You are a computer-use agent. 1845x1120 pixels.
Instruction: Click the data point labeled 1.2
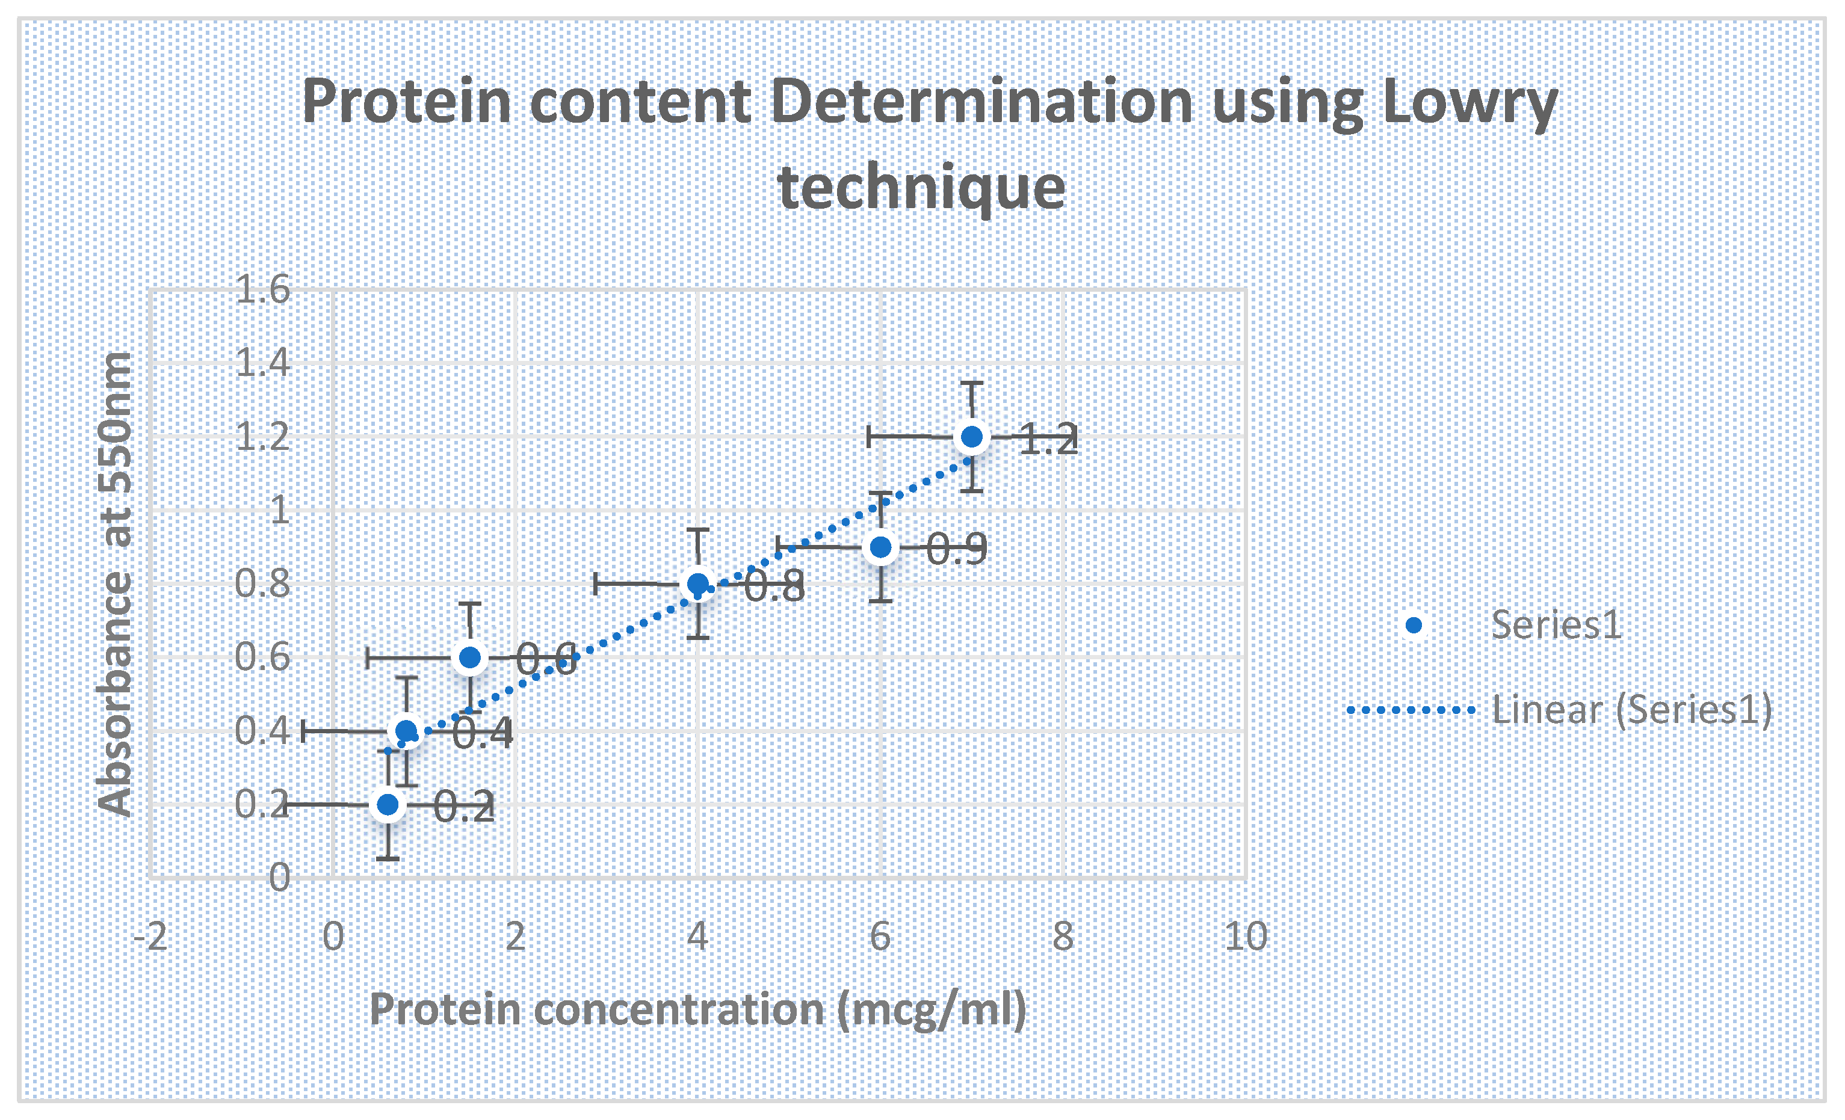[x=971, y=437]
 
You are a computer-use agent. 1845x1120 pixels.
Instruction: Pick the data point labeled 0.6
[x=469, y=657]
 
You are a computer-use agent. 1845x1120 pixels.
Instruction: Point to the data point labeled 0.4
[x=406, y=731]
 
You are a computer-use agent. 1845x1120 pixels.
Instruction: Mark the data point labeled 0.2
[x=387, y=804]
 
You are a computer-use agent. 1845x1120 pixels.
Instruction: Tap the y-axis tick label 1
[x=279, y=510]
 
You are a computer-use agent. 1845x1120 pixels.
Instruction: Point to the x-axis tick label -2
[x=150, y=937]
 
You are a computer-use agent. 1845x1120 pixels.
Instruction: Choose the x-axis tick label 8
[x=1063, y=937]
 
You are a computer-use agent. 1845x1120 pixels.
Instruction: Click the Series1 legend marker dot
[x=1414, y=625]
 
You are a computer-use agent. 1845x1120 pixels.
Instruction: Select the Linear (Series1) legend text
[x=1631, y=710]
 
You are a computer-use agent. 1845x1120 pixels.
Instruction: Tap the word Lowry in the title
[x=1470, y=105]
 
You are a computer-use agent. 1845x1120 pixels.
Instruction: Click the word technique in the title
[x=922, y=187]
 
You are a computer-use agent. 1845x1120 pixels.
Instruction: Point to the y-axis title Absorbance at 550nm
[x=116, y=584]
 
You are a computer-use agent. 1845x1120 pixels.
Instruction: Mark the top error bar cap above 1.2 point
[x=971, y=383]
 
